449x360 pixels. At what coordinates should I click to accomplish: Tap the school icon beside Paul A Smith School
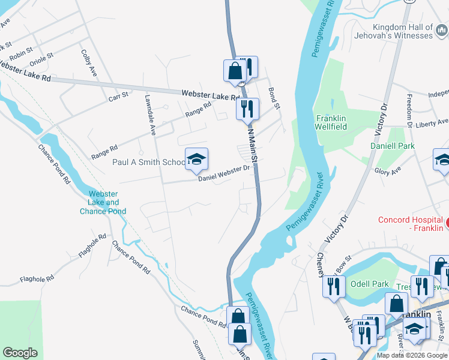196,159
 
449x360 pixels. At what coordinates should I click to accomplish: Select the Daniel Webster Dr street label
224,173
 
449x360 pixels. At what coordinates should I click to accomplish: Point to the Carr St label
118,96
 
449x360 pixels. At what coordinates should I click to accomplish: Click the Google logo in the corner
20,353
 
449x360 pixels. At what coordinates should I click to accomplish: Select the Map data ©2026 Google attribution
412,355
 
